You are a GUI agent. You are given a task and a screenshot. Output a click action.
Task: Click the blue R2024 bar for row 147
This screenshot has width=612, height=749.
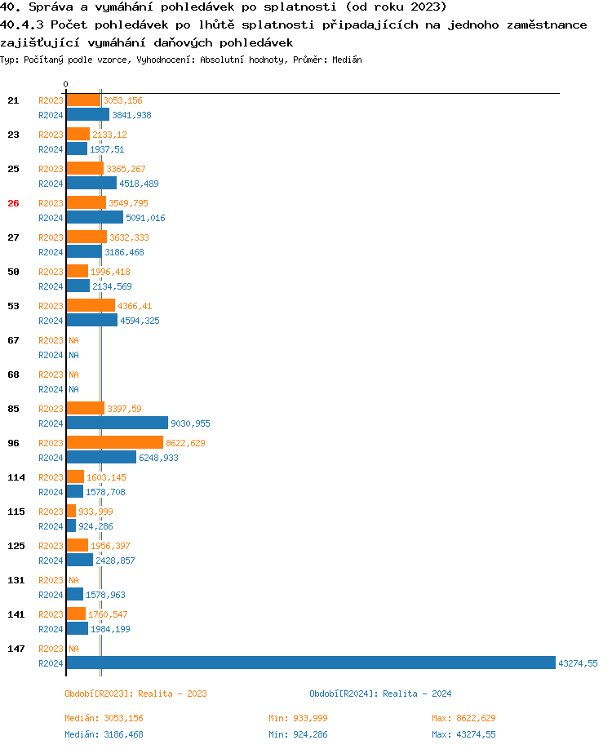click(x=310, y=663)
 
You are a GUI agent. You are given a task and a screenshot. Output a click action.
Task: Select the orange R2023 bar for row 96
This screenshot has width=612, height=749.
click(x=114, y=442)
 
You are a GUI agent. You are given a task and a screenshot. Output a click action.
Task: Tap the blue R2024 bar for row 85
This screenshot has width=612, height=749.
click(x=117, y=423)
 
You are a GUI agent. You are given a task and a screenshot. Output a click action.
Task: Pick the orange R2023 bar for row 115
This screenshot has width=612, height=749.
click(x=71, y=511)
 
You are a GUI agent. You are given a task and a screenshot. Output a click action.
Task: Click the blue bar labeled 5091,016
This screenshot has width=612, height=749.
click(x=95, y=218)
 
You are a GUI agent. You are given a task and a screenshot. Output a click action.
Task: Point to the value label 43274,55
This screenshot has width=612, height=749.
click(x=578, y=664)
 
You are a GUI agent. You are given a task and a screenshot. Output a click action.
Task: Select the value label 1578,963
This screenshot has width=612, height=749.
click(x=105, y=596)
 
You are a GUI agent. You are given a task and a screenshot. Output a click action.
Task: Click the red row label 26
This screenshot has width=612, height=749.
click(x=13, y=203)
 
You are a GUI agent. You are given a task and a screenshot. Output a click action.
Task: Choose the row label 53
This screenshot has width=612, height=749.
click(x=13, y=306)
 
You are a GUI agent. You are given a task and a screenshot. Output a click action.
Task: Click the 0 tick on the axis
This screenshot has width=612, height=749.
click(x=65, y=85)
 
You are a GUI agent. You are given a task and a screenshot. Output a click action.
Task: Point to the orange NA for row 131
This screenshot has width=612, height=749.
click(x=73, y=580)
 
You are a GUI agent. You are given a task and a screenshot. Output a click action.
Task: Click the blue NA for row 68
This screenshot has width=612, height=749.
click(x=73, y=389)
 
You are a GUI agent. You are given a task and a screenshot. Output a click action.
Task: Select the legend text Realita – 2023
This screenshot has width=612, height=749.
click(x=172, y=694)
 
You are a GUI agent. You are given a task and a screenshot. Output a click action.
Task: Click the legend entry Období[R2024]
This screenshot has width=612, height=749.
click(x=341, y=694)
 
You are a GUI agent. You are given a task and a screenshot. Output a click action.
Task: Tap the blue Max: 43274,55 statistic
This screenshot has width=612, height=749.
click(x=463, y=734)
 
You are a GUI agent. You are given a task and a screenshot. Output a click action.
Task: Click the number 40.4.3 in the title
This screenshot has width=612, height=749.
click(x=22, y=24)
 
